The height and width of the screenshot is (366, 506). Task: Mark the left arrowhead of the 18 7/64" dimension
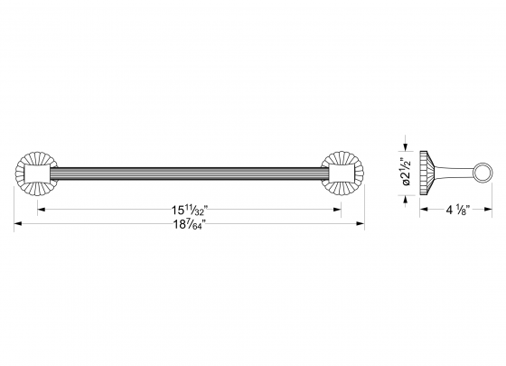pos(16,224)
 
